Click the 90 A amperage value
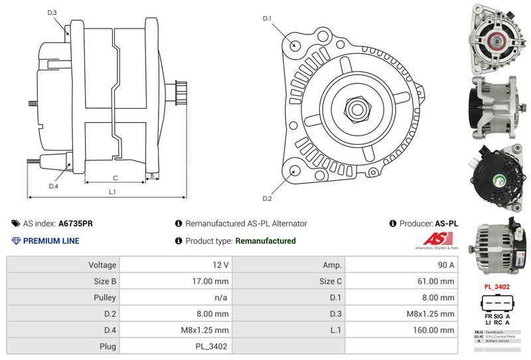[x=446, y=264]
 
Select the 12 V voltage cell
[x=220, y=264]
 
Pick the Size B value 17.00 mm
[x=212, y=280]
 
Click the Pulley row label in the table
[x=105, y=297]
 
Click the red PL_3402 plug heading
[x=497, y=286]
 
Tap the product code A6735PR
[x=76, y=224]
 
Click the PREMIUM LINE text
[x=51, y=241]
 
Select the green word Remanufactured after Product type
[x=265, y=241]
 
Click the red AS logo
[x=435, y=238]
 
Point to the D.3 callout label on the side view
[x=52, y=13]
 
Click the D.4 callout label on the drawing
[x=54, y=186]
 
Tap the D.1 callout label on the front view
[x=267, y=18]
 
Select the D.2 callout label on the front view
[x=267, y=198]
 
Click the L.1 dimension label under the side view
[x=112, y=192]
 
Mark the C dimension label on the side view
[x=115, y=177]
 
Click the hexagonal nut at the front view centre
[x=356, y=108]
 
